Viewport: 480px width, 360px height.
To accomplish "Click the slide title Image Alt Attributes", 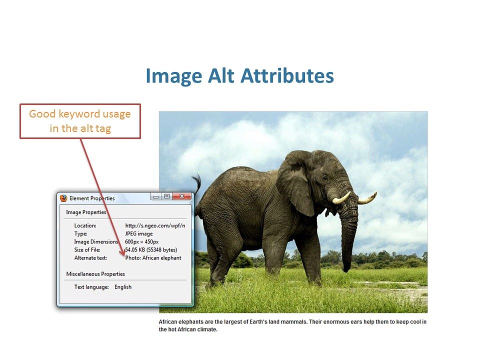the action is click(239, 76).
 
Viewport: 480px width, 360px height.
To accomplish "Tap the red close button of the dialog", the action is click(181, 196).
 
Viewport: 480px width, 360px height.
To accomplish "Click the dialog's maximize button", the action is click(167, 196).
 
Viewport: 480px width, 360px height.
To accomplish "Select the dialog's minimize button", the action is click(156, 196).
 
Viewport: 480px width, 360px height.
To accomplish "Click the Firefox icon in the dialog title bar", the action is click(63, 198).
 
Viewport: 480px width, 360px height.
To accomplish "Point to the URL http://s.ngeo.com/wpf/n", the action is click(155, 225).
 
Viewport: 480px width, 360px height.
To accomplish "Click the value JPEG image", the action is click(138, 233).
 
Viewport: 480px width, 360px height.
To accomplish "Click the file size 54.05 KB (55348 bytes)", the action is click(151, 250).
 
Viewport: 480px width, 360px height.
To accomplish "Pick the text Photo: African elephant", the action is click(153, 258).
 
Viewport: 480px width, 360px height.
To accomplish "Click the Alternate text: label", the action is click(90, 258).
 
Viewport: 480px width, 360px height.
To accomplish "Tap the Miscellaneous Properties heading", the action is click(95, 274).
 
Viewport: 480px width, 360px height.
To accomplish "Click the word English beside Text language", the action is click(123, 287).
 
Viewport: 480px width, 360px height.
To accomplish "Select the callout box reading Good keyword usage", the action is click(80, 121).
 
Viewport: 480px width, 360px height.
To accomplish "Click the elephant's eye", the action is click(325, 178).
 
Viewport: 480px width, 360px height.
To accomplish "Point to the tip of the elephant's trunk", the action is click(346, 269).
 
